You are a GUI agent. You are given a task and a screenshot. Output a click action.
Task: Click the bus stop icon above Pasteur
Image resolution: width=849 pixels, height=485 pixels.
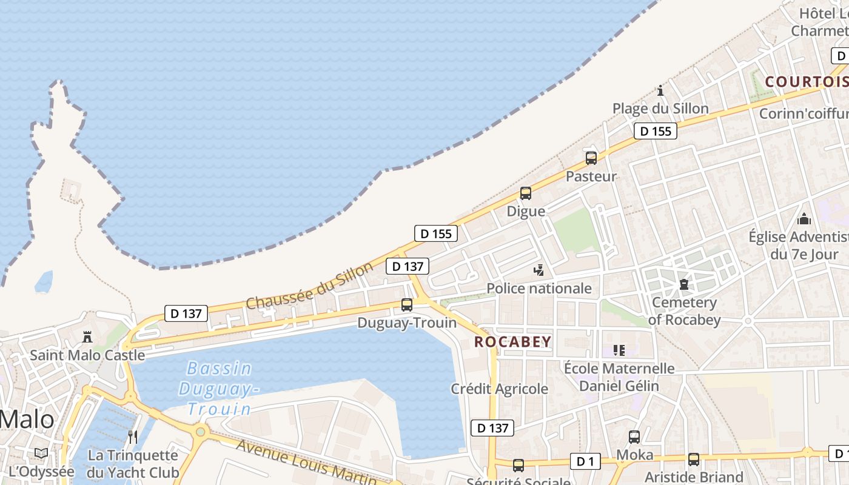point(591,158)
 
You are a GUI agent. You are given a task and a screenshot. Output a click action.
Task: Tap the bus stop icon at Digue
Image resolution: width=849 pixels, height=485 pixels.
point(526,193)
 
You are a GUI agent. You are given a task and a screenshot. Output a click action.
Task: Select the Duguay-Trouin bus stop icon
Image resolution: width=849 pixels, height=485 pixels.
point(407,304)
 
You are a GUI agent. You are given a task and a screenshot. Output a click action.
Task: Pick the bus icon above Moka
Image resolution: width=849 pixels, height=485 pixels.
point(634,436)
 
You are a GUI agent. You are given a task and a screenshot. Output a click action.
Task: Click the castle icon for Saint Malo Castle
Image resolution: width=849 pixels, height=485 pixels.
point(88,337)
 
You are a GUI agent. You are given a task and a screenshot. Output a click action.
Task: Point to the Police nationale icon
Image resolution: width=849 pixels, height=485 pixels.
point(539,270)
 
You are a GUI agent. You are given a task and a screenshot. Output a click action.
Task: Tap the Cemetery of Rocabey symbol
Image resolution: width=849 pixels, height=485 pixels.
point(684,284)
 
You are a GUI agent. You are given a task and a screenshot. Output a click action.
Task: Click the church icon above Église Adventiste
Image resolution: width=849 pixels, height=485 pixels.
point(804,219)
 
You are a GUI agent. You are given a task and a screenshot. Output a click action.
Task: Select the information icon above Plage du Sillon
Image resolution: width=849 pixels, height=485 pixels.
point(660,91)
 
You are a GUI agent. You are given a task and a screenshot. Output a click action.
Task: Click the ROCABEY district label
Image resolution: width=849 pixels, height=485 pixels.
point(513,342)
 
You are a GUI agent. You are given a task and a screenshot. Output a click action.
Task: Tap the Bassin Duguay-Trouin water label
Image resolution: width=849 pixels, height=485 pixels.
point(219,389)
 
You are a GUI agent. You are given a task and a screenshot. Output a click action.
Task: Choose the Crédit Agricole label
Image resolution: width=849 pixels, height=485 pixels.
point(499,389)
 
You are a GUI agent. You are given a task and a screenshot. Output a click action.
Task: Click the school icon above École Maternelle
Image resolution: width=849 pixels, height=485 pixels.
point(619,350)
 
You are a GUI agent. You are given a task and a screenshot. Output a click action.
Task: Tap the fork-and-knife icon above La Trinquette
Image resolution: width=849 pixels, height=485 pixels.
point(133,436)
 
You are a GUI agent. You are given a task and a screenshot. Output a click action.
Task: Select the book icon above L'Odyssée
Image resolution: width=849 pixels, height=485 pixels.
point(41,453)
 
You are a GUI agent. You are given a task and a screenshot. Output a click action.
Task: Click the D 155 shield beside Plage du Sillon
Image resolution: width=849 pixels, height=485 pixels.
point(656,131)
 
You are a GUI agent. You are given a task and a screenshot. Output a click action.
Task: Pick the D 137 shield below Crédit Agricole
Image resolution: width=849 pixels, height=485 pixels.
point(492,428)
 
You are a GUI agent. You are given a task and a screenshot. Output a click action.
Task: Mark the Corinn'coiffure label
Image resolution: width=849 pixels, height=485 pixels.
point(804,114)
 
